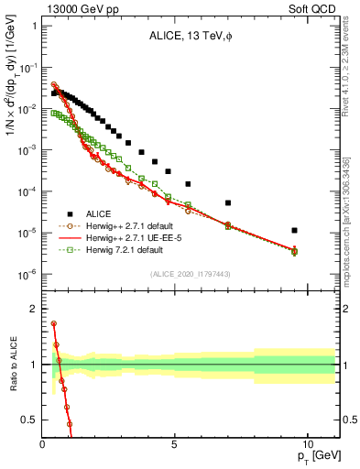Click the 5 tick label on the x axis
(x=174, y=443)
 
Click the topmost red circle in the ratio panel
(x=54, y=323)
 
